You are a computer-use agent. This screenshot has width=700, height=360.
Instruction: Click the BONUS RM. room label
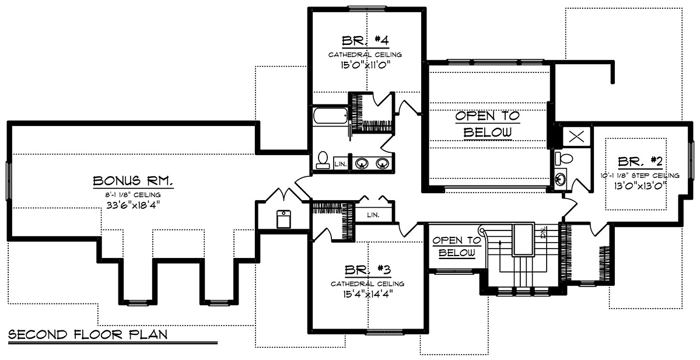(133, 181)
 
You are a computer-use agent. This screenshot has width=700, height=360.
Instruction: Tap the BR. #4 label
(365, 41)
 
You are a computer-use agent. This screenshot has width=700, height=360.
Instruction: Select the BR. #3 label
(368, 270)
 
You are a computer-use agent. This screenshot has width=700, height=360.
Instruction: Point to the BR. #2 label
(640, 162)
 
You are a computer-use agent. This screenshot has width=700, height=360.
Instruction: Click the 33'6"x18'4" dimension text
(134, 205)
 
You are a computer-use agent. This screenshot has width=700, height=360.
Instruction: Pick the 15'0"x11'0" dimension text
(365, 65)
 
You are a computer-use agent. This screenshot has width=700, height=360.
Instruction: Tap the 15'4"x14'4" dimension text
(367, 293)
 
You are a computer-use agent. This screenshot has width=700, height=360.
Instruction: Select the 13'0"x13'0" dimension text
(640, 186)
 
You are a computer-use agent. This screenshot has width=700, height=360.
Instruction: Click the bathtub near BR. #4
(330, 116)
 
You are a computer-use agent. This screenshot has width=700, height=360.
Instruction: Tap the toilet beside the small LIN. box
(323, 160)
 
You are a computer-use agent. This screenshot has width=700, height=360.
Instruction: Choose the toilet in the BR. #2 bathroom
(563, 159)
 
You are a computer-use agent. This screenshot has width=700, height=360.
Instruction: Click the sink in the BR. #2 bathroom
(561, 179)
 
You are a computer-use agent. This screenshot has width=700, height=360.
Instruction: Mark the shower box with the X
(576, 137)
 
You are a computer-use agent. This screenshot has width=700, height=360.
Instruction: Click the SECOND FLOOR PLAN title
(88, 335)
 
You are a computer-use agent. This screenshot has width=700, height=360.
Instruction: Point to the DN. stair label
(544, 232)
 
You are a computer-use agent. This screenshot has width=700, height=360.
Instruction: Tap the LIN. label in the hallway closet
(373, 215)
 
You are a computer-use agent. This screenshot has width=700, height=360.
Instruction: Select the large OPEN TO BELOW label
(487, 124)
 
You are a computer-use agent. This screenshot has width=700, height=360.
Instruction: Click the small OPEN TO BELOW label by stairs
(457, 246)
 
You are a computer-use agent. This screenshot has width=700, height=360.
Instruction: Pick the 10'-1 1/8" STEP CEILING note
(640, 175)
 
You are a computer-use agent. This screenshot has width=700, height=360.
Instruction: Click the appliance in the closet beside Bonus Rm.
(283, 219)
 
